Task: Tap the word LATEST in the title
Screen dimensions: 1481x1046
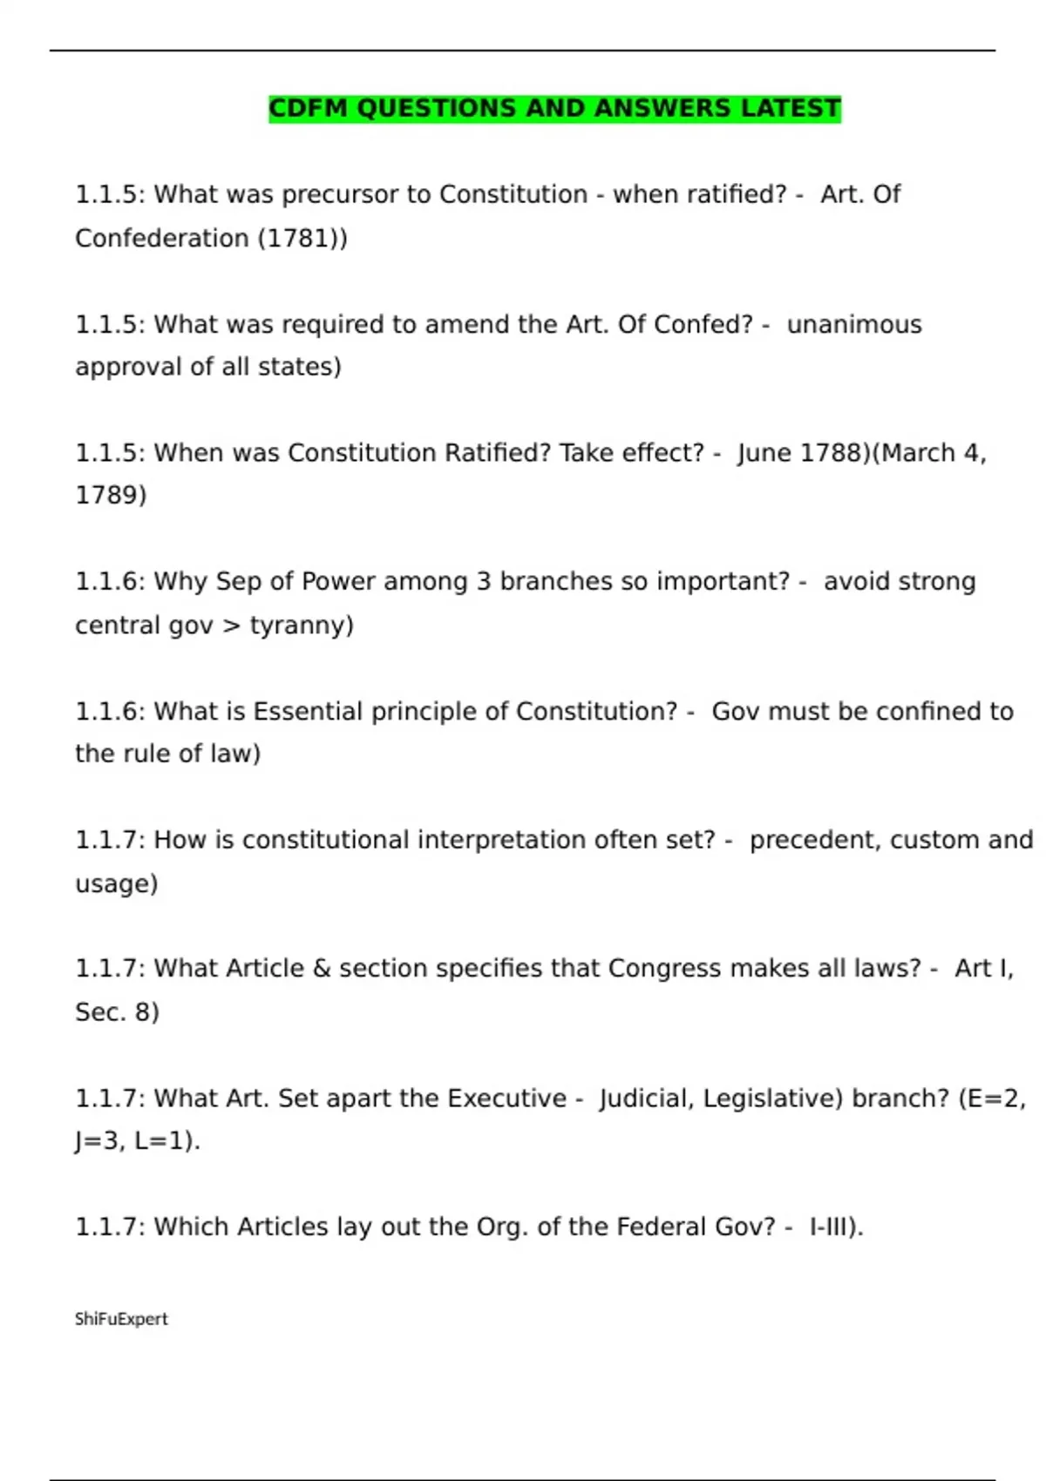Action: [x=791, y=109]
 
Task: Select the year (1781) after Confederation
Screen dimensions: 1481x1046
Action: [x=302, y=238]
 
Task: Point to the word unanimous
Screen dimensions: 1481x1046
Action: [x=854, y=324]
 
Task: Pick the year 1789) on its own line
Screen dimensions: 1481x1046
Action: [x=111, y=495]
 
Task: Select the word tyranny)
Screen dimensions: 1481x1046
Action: [x=302, y=626]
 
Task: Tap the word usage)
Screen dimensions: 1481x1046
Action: [x=117, y=883]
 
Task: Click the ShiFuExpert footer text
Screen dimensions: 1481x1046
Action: [x=121, y=1319]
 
